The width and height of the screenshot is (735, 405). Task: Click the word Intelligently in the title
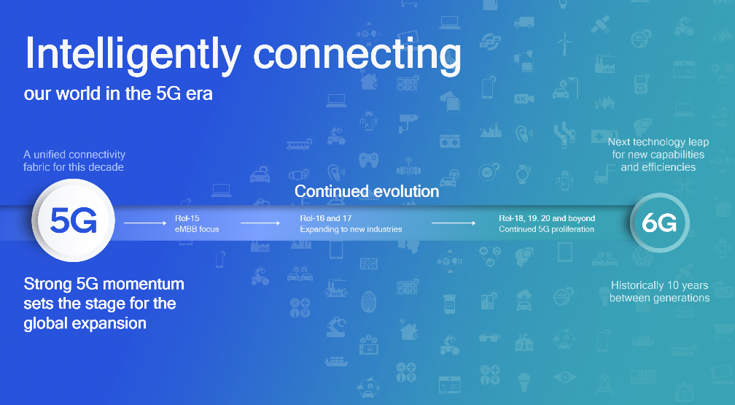[x=132, y=55]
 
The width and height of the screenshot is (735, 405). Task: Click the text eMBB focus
[x=197, y=229]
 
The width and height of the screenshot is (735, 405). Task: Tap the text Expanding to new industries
[x=351, y=229]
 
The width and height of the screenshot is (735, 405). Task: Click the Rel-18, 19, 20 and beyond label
[x=547, y=218]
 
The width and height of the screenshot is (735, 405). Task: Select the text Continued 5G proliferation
[x=546, y=229]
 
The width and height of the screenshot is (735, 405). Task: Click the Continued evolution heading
[x=367, y=192]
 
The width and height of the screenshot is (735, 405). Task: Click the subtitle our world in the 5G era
[x=118, y=94]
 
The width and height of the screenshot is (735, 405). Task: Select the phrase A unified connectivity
[x=74, y=155]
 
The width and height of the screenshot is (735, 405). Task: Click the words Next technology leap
[x=658, y=142]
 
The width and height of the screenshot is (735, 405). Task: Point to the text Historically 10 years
[x=659, y=285]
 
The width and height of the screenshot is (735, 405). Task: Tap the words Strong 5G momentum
[x=104, y=283]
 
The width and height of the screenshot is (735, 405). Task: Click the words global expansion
[x=85, y=323]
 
